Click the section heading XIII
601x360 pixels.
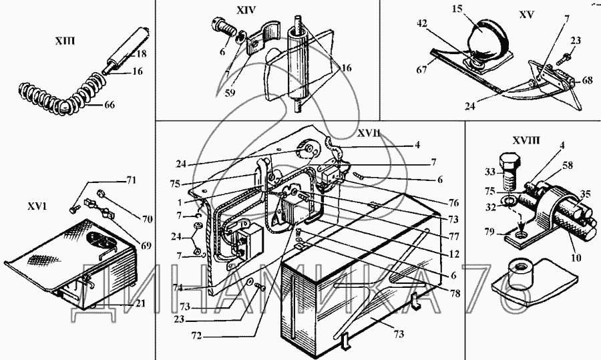click(64, 41)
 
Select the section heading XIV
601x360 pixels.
click(246, 10)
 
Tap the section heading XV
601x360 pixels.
click(526, 15)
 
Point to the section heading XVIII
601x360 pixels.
click(526, 141)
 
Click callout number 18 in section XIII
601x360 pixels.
click(141, 53)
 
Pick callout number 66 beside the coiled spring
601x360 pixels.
click(110, 105)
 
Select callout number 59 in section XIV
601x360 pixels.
click(230, 93)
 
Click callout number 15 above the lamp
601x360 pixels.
click(457, 9)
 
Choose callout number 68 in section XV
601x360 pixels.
click(588, 81)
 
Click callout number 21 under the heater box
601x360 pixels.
click(141, 303)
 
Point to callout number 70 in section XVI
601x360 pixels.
click(147, 219)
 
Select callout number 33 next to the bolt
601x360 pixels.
click(490, 172)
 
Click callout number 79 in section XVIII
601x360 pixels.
click(488, 232)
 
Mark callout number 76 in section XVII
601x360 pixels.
click(453, 203)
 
